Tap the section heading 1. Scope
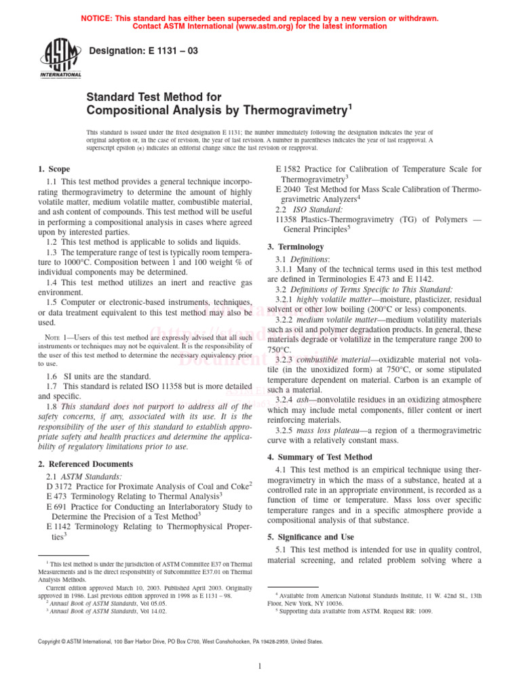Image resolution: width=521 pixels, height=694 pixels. click(x=54, y=169)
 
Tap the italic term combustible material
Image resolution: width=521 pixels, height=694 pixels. click(x=340, y=359)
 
